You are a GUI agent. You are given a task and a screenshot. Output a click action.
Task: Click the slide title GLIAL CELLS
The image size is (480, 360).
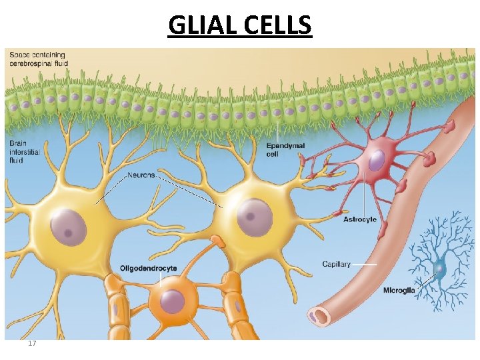point(240,25)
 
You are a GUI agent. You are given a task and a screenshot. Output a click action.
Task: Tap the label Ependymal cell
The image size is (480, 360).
point(285,149)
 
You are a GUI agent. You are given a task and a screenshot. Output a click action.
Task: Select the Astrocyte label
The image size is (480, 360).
point(359,219)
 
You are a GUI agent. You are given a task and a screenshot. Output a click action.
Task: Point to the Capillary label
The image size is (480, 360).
point(336,264)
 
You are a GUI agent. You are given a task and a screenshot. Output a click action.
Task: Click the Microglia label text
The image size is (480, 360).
point(399,290)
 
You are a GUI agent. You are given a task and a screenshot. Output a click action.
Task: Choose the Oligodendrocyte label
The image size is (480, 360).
point(148,269)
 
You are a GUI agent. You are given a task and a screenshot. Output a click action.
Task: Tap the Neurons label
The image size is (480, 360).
point(141,175)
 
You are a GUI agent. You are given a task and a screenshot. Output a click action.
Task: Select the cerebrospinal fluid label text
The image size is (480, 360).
point(38,63)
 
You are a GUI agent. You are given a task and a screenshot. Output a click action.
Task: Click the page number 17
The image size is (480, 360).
point(32,343)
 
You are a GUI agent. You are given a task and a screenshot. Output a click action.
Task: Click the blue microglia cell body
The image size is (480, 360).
point(439,268)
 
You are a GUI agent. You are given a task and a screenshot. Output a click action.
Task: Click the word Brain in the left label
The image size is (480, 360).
point(19,143)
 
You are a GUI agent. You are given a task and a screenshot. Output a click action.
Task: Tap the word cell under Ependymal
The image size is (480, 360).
point(272,154)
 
